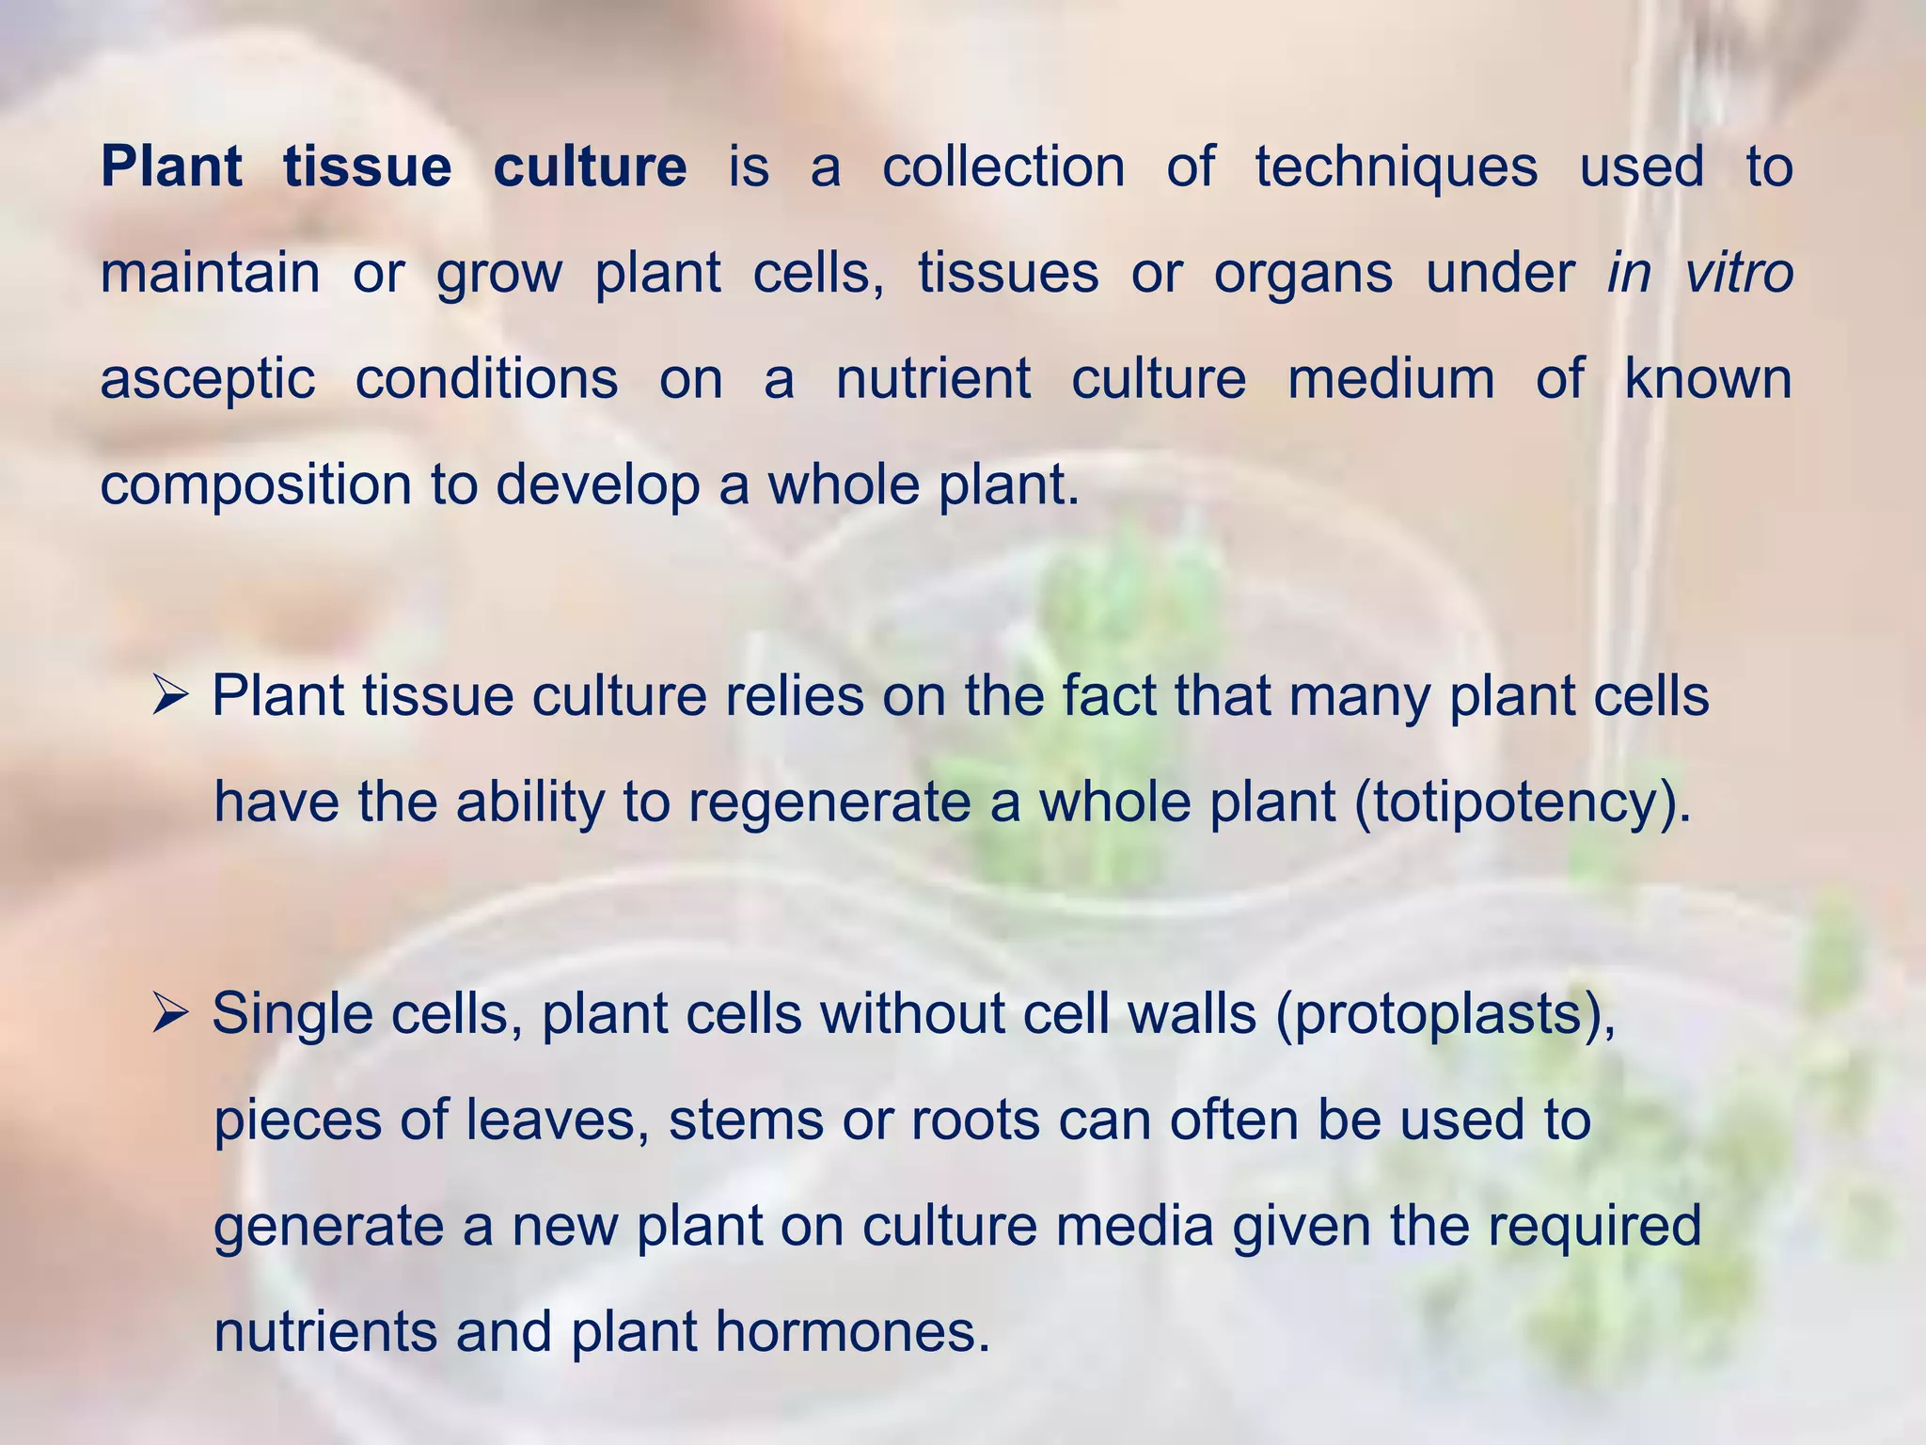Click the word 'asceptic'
[207, 381]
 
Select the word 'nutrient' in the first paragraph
[933, 379]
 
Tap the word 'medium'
[1390, 379]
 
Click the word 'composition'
[256, 486]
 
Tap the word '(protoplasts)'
[1444, 1015]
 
